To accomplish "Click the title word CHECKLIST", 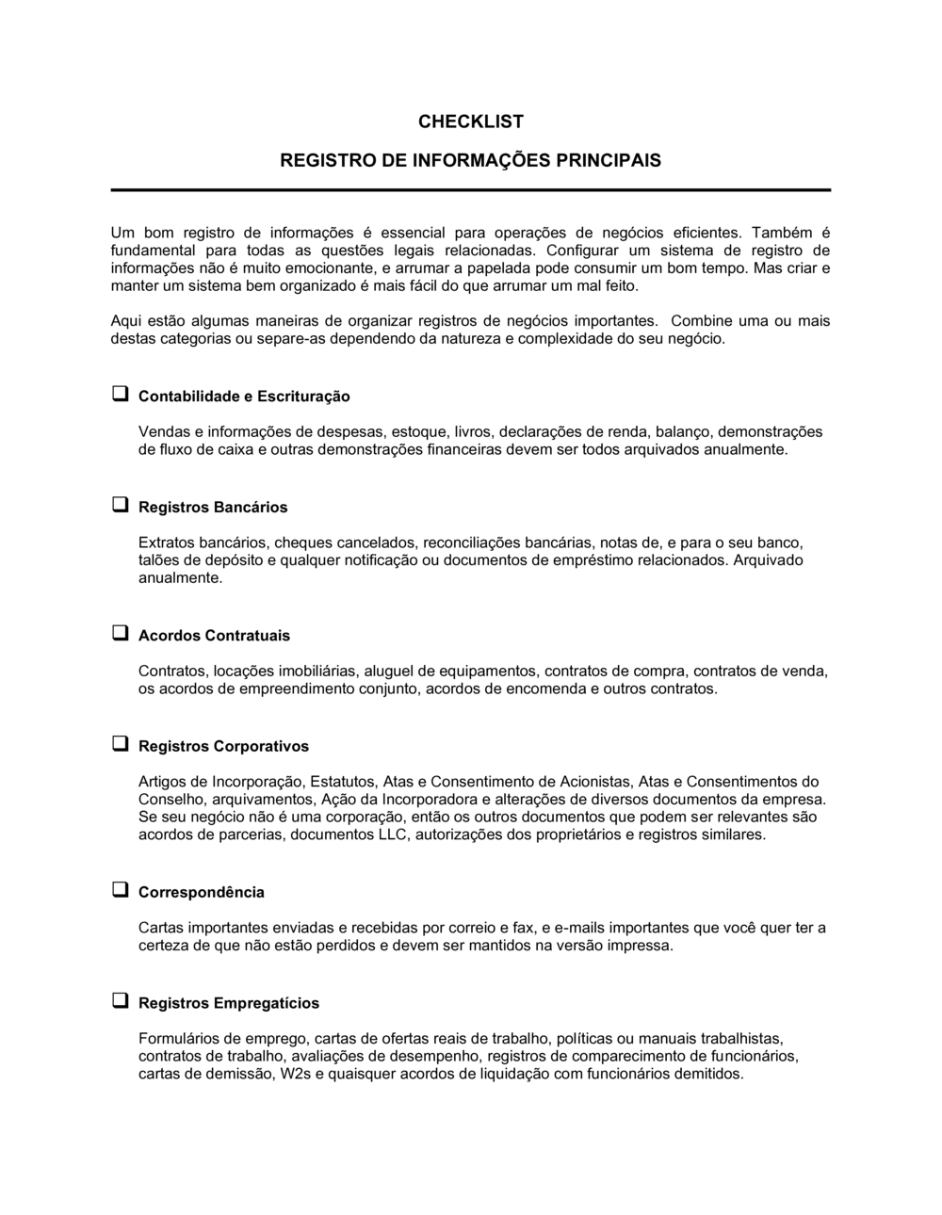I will tap(470, 121).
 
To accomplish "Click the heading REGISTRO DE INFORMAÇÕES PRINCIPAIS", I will tap(470, 160).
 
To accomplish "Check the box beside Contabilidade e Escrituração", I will tap(120, 395).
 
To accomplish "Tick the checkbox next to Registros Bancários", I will tap(120, 506).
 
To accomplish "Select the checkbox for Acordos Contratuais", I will tap(120, 634).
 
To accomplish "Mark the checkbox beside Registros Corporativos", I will tap(120, 744).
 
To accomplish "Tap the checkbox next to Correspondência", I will tap(120, 890).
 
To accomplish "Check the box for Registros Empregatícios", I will tap(120, 1001).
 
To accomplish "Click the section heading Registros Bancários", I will tap(213, 508).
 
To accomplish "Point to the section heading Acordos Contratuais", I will tap(214, 636).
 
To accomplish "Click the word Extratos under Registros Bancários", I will tap(165, 543).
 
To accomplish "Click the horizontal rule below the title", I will tap(470, 190).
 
